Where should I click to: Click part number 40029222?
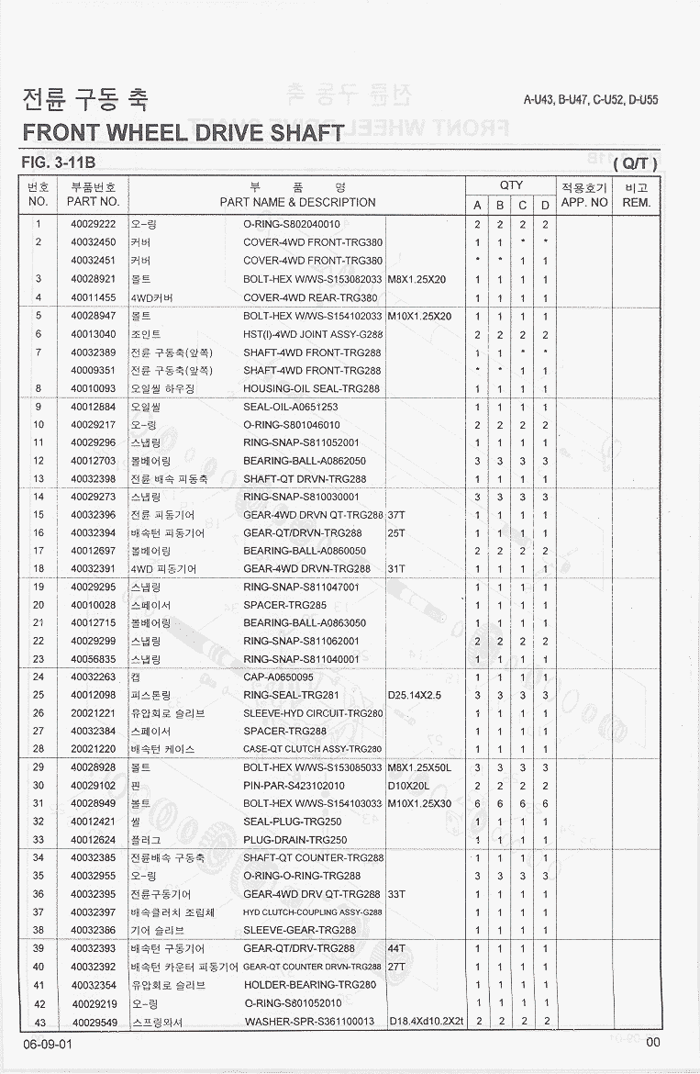click(x=93, y=224)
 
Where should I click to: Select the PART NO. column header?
click(x=93, y=201)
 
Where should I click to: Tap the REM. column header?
click(x=636, y=201)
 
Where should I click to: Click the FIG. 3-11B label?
click(x=59, y=163)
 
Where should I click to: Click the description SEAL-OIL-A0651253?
click(x=291, y=407)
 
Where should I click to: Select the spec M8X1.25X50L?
click(x=420, y=767)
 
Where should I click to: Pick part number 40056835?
click(x=93, y=659)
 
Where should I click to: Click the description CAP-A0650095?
click(x=279, y=677)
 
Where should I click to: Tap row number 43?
click(x=39, y=1022)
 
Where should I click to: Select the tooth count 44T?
click(x=397, y=948)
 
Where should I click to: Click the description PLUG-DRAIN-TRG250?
click(x=295, y=840)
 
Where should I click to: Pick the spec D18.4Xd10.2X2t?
click(x=426, y=1022)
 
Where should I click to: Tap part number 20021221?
click(x=93, y=713)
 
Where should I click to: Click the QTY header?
click(x=511, y=185)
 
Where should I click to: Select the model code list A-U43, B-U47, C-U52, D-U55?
click(x=591, y=100)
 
